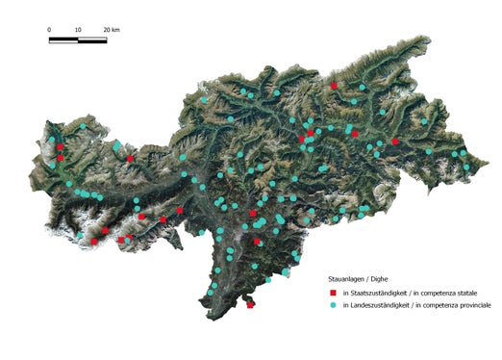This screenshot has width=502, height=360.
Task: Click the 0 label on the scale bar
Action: point(50,30)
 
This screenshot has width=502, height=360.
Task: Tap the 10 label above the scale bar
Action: point(77,30)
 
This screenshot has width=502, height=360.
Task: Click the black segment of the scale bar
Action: point(63,39)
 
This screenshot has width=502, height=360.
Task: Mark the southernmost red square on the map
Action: point(250,305)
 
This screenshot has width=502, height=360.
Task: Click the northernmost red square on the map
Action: point(334,86)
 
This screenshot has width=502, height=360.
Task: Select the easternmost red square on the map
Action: point(395,141)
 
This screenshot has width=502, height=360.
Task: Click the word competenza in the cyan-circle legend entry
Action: point(440,304)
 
